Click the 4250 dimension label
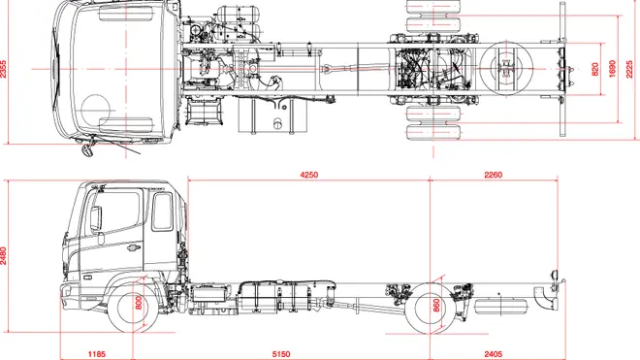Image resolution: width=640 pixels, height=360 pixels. pos(309,175)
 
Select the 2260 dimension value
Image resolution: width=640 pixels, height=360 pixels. pos(493,175)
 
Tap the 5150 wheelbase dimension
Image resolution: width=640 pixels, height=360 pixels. pos(281,354)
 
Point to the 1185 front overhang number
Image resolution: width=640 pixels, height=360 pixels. pos(97,354)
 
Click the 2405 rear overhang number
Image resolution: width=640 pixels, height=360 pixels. pos(493,354)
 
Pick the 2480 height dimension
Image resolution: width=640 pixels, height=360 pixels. pos(3,255)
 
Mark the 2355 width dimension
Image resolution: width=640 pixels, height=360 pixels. pos(3,69)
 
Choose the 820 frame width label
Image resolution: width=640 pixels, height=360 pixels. pos(595,69)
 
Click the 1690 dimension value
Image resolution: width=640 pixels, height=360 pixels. pos(612,69)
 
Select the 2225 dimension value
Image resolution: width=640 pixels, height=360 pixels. pos(629,69)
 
